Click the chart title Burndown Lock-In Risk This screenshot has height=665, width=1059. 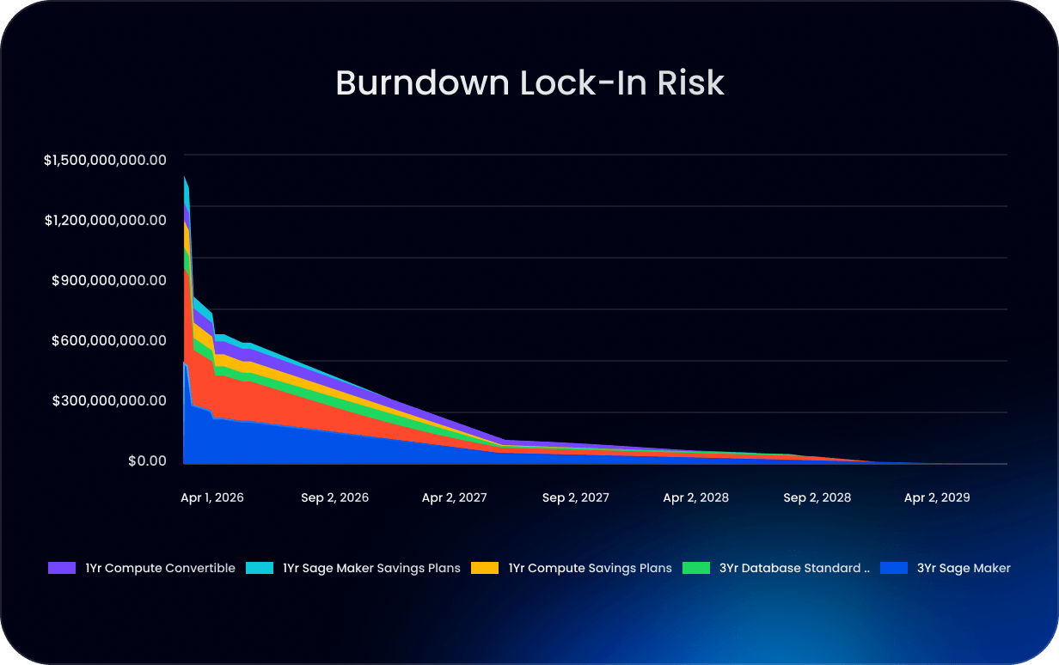[529, 82]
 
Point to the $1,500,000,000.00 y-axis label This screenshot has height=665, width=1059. [104, 159]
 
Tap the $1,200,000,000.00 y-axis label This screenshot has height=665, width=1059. [104, 219]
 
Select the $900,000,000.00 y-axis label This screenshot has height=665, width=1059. [109, 279]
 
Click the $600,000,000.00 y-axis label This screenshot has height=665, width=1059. [109, 339]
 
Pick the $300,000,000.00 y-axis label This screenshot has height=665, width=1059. [109, 400]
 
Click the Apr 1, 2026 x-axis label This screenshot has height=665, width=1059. [212, 497]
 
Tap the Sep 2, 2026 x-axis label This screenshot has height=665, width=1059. [334, 497]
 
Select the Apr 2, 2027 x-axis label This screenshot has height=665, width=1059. [454, 497]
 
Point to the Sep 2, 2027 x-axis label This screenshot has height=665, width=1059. [575, 497]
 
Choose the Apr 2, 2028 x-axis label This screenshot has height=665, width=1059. [695, 497]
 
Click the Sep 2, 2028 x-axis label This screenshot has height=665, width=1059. [817, 497]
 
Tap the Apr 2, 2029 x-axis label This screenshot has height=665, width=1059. [936, 497]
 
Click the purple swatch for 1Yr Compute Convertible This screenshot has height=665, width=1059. [62, 568]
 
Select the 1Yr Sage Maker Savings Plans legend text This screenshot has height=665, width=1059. [371, 568]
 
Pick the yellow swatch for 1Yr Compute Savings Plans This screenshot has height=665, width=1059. [486, 568]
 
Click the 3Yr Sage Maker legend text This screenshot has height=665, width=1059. [964, 568]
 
